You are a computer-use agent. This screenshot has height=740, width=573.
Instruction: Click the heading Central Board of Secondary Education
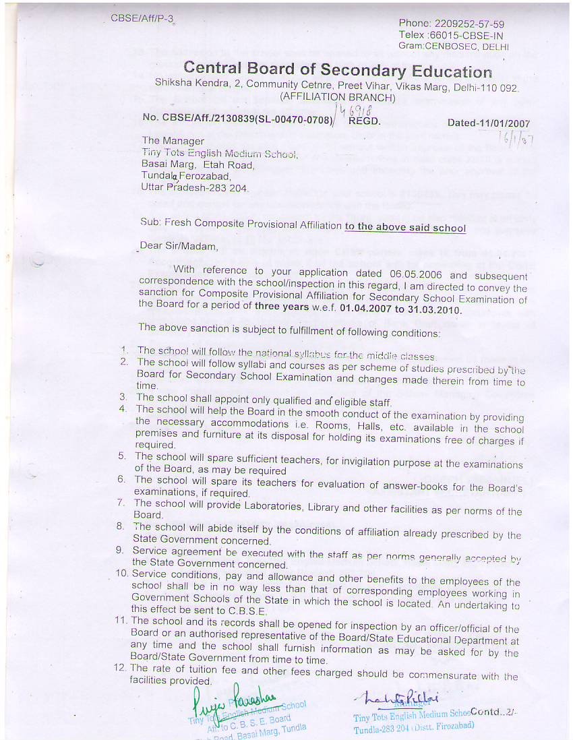point(338,69)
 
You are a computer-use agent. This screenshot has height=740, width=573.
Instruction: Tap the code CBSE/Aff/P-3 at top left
point(142,18)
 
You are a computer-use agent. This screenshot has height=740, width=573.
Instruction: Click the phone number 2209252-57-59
point(470,24)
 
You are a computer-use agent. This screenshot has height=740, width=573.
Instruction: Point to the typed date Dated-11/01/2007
point(488,123)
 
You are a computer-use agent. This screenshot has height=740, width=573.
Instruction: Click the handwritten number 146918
point(359,109)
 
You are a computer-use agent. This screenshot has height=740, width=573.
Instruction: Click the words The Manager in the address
point(173,141)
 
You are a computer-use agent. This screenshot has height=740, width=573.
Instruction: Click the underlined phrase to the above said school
point(405,227)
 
